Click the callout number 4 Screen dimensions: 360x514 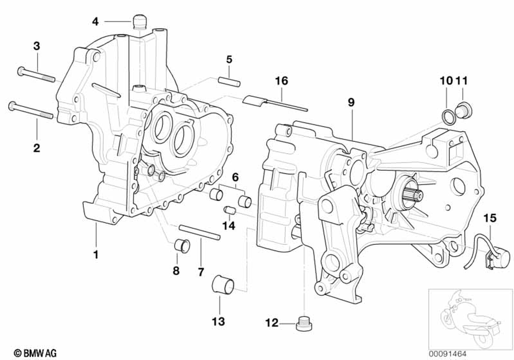tap(95, 21)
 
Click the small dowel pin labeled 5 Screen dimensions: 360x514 tap(229, 81)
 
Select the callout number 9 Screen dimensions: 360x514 tap(351, 102)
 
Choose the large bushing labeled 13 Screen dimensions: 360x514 tap(224, 284)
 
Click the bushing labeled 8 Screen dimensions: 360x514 tap(180, 245)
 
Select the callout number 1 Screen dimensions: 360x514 tap(96, 254)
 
